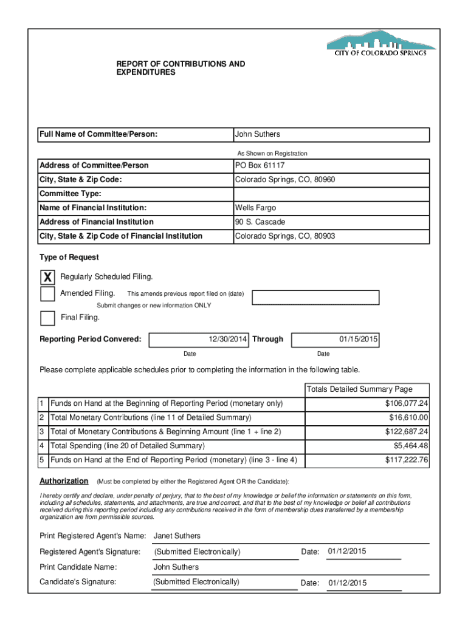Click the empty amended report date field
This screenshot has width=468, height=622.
pos(315,297)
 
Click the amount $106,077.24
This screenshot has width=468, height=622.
pos(407,404)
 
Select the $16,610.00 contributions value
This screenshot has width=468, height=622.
pos(408,418)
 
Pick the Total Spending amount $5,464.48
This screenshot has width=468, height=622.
pos(410,446)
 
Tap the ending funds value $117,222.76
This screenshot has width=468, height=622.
pos(407,460)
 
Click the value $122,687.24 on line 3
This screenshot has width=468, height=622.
pos(407,432)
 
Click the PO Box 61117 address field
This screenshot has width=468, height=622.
pos(260,166)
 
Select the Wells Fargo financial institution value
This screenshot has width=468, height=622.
pos(256,208)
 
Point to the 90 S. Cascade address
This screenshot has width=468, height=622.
pos(260,222)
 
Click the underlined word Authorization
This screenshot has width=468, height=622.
pos(64,481)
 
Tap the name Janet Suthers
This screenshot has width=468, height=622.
pos(177,536)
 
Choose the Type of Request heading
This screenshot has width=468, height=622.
pos(69,258)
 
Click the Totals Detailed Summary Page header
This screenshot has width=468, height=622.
pos(359,389)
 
